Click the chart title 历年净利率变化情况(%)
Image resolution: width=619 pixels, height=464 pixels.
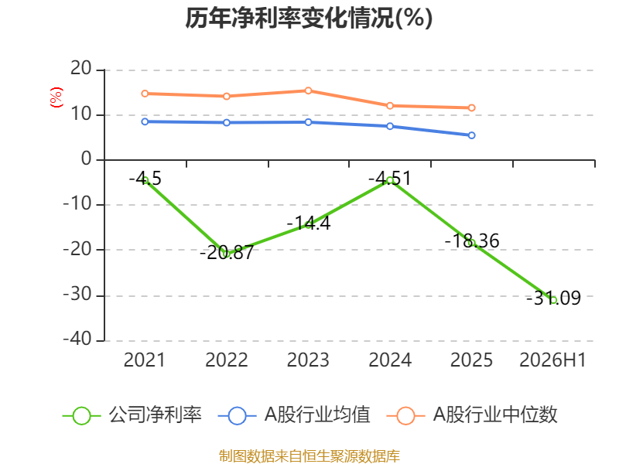tap(309, 18)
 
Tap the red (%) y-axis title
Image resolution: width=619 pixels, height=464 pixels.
tap(56, 97)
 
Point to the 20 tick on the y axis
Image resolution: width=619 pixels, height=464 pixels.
tap(81, 69)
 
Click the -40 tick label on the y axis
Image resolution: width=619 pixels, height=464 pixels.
tap(77, 339)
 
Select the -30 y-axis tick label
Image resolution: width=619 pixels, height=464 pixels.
tap(77, 295)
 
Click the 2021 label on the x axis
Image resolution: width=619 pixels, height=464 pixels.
tap(145, 360)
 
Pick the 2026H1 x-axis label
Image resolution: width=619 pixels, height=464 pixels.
tap(552, 360)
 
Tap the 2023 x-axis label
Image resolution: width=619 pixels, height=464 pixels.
tap(308, 360)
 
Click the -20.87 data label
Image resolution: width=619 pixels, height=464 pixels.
tap(227, 253)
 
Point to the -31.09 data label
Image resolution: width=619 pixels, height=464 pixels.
tap(553, 299)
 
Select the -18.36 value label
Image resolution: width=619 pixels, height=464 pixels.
tap(472, 241)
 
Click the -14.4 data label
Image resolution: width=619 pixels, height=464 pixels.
tap(308, 223)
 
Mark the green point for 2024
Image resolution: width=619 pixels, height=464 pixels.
tap(390, 180)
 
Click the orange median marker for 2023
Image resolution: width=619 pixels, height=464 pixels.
tap(308, 90)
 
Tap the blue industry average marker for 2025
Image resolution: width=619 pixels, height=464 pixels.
tap(472, 135)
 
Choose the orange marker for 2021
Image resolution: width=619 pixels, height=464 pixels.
tap(145, 94)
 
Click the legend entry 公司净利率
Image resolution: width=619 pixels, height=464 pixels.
tap(132, 415)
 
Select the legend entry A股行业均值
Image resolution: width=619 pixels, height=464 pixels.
tap(294, 415)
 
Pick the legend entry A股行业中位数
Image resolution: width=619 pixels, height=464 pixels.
tap(472, 415)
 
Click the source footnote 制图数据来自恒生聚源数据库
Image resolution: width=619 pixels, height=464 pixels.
tap(309, 456)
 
